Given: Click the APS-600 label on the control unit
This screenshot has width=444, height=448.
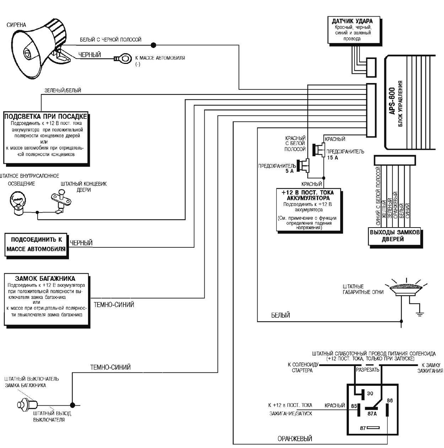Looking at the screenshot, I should coord(392,101).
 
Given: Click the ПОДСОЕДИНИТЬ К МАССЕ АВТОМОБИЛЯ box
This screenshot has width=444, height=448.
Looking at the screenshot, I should coord(36,245).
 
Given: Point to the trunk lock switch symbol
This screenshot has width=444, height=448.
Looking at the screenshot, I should coord(28,404).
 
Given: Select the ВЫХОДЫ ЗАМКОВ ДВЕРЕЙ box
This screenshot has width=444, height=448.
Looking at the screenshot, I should coord(395,236).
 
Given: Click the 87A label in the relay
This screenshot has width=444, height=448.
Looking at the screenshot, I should coord(372,413).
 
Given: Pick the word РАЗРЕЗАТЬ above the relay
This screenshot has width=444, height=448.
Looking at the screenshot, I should coord(368,370).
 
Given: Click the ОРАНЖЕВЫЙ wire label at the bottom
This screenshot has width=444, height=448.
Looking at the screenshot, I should coord(295,439).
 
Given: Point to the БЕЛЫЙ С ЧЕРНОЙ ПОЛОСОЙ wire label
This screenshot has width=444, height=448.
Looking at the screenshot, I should coord(110,40).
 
